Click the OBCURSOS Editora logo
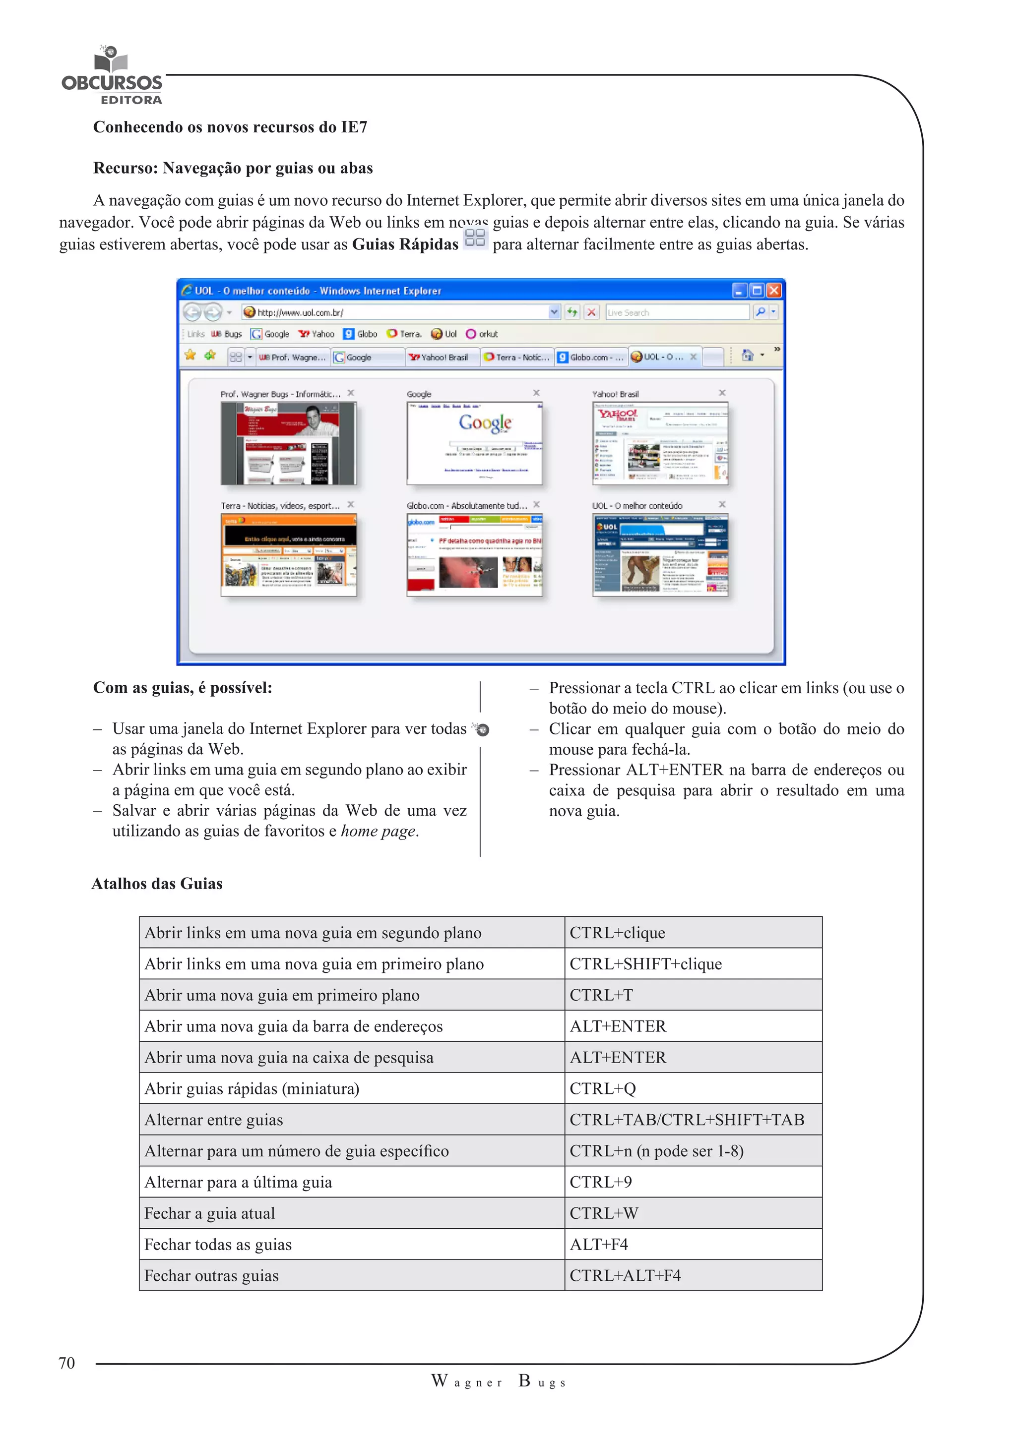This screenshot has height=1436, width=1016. [112, 77]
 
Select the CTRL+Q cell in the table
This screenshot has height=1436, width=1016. [602, 1089]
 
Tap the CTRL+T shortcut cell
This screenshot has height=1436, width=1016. [601, 995]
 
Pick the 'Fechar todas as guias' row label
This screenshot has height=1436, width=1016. [218, 1245]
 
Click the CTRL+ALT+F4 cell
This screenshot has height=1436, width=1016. [625, 1276]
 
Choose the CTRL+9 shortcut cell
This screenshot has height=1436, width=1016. [601, 1182]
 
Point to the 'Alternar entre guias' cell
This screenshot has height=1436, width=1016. [213, 1120]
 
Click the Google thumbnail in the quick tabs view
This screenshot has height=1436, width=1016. [474, 443]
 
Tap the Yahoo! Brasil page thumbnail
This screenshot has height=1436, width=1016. [660, 443]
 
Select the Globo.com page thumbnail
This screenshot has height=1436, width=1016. [474, 555]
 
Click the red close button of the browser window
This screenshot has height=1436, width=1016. [774, 290]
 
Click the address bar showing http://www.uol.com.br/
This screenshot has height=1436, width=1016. [400, 312]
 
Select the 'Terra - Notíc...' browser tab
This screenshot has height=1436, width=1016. [517, 357]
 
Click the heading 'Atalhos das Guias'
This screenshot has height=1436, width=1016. [157, 884]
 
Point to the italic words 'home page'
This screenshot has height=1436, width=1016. [378, 831]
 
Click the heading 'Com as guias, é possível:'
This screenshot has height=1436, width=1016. [183, 688]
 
